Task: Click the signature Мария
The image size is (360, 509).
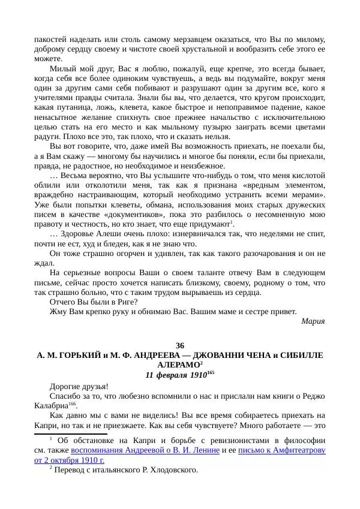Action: [x=313, y=321]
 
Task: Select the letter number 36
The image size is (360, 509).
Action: [x=180, y=345]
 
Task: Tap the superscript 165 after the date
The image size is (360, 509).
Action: [x=210, y=372]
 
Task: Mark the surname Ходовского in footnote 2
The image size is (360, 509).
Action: [x=174, y=470]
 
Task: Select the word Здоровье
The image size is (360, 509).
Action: [x=80, y=234]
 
